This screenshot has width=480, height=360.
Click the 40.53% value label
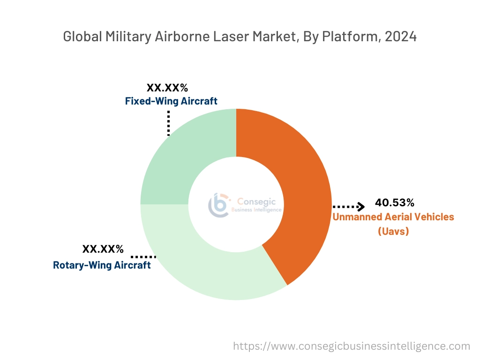pyautogui.click(x=395, y=203)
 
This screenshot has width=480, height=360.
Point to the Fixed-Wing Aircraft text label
pyautogui.click(x=171, y=101)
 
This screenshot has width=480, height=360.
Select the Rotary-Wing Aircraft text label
pyautogui.click(x=102, y=265)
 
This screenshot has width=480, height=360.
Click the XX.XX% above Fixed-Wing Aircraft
pyautogui.click(x=167, y=88)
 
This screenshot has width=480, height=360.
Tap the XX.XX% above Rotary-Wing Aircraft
pyautogui.click(x=103, y=249)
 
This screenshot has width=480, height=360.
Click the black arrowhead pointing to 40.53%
pyautogui.click(x=360, y=206)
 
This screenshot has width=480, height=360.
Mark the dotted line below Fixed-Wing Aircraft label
pyautogui.click(x=168, y=122)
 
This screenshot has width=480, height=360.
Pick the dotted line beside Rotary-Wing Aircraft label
pyautogui.click(x=143, y=257)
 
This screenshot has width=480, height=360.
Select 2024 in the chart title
pyautogui.click(x=400, y=37)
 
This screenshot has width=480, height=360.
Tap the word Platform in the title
pyautogui.click(x=349, y=37)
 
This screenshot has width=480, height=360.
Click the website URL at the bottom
pyautogui.click(x=352, y=346)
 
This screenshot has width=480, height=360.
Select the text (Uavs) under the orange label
pyautogui.click(x=393, y=231)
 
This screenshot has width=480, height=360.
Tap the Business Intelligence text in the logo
pyautogui.click(x=257, y=210)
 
